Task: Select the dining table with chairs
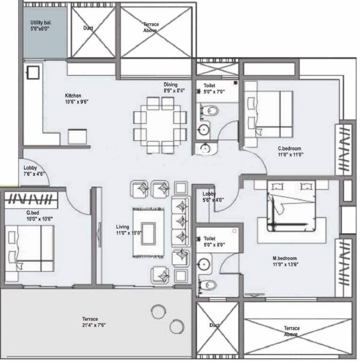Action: (x=160, y=125)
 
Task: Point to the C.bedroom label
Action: (x=290, y=151)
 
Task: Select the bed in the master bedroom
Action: (x=291, y=206)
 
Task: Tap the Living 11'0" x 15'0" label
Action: (x=129, y=230)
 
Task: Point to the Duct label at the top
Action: (x=88, y=28)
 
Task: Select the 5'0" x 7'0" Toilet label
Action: (x=210, y=89)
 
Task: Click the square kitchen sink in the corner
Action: (x=33, y=73)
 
